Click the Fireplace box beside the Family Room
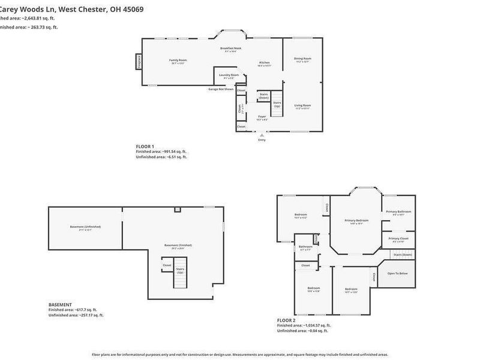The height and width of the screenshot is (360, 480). pos(139,62)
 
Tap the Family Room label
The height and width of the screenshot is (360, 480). pos(178,61)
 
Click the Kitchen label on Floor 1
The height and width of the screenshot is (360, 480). pos(264,63)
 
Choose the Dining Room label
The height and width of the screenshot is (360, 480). pos(302,59)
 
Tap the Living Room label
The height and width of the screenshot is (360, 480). pos(302,106)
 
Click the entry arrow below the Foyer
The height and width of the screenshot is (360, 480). pos(261,136)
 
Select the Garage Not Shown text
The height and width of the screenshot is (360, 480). pos(221,89)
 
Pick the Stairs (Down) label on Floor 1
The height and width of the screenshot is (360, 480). pos(263,95)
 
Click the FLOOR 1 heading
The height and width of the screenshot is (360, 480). pos(145,146)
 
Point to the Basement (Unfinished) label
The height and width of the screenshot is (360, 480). pos(85,227)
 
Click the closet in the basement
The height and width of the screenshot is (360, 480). pos(167,265)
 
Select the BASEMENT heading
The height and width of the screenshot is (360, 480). pos(60,304)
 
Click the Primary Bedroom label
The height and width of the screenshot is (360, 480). pos(356,221)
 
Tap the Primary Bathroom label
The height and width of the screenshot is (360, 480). pos(398,212)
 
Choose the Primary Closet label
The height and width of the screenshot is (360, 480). pos(398,239)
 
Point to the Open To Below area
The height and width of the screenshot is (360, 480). pos(397,274)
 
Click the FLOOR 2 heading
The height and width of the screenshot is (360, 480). pos(286,320)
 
